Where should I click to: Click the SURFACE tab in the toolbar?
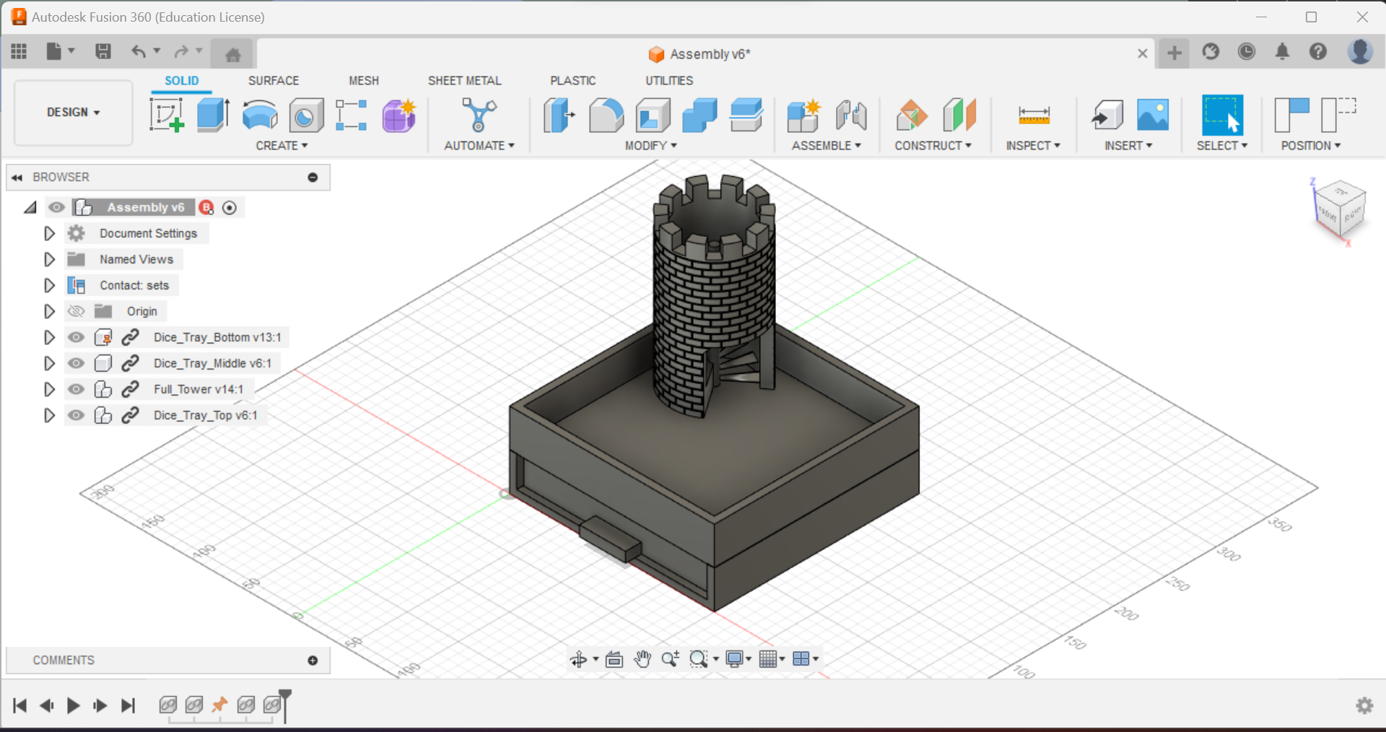(273, 81)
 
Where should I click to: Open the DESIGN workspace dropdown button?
(73, 113)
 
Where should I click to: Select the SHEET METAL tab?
(464, 81)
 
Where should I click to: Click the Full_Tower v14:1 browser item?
(198, 390)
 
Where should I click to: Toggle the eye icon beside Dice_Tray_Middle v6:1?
(76, 363)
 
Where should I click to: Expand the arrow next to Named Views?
(49, 259)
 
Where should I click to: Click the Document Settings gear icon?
(77, 233)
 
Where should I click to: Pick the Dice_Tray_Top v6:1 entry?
(205, 416)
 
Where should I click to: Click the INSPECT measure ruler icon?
(1034, 116)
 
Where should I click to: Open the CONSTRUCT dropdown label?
(933, 146)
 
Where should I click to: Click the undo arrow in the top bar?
(138, 51)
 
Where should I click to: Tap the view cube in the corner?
(1340, 209)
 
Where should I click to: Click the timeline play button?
(73, 705)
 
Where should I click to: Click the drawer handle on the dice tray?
(610, 539)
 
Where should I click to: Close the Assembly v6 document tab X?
(1142, 53)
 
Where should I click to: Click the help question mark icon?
(1318, 52)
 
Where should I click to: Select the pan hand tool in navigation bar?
(642, 659)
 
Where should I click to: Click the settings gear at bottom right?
(1364, 705)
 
